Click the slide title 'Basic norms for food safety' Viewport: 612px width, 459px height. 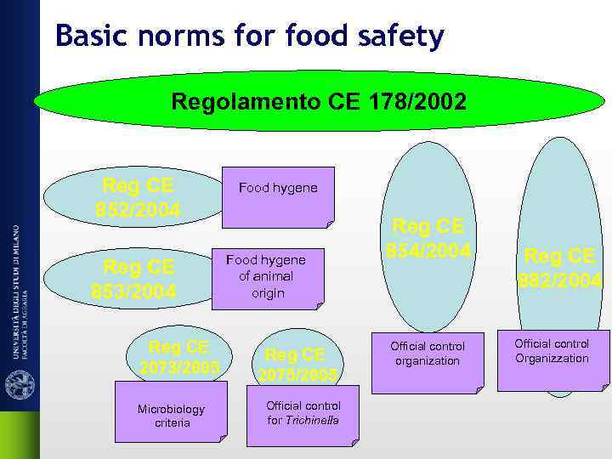coord(249,37)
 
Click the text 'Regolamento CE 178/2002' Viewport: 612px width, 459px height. coord(319,103)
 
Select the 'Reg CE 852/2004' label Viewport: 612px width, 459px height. coord(138,197)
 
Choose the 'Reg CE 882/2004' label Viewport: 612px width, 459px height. coord(562,267)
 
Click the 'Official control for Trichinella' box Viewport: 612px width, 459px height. coord(303,413)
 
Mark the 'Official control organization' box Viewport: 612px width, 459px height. coord(427,355)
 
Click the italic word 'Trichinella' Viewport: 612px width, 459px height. coord(312,420)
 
